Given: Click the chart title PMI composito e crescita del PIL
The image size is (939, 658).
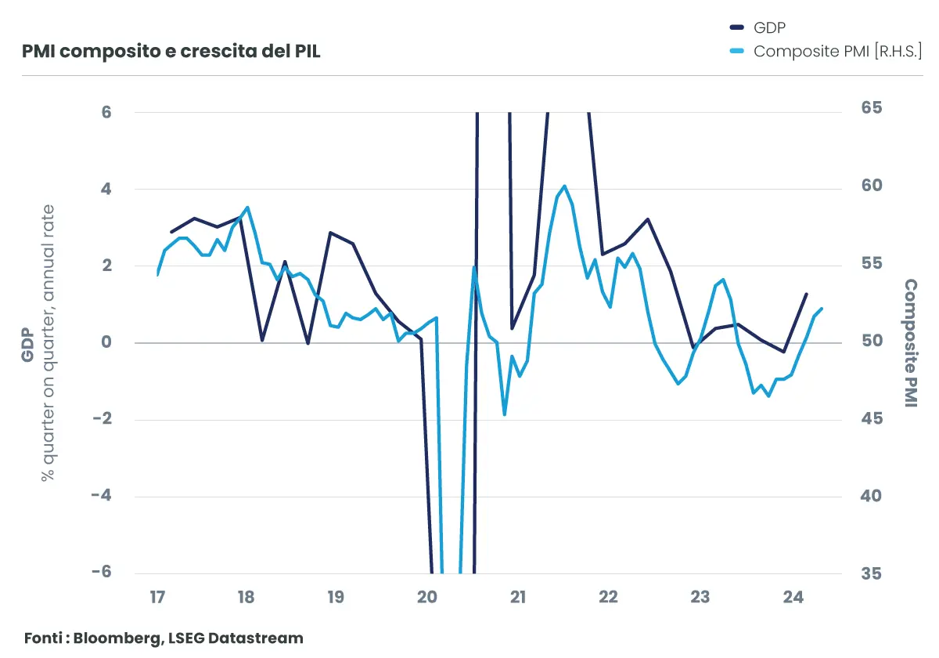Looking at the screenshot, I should click(171, 52).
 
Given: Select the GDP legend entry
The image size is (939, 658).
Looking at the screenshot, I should click(769, 27).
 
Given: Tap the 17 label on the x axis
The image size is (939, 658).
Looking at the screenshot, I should click(157, 598).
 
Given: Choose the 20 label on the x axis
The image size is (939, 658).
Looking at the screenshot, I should click(427, 598).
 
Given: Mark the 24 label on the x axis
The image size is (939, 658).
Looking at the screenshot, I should click(793, 598).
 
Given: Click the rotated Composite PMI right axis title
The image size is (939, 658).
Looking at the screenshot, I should click(911, 342).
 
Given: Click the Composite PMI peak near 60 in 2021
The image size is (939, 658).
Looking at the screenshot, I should click(564, 186).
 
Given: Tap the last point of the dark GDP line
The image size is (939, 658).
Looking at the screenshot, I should click(807, 294).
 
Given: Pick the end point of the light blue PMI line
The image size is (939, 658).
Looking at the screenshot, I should click(822, 308).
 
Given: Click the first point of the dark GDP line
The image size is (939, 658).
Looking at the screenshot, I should click(171, 232).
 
